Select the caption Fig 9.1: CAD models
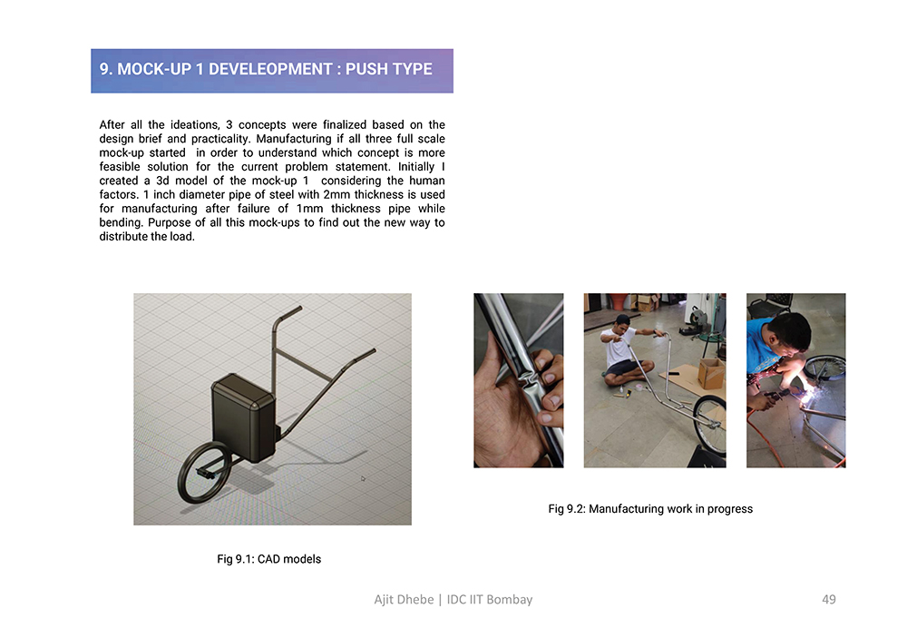coord(269,559)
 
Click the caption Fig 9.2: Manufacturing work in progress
coord(650,509)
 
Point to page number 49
coord(829,600)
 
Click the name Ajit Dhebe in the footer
coord(404,600)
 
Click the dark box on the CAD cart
coord(243,417)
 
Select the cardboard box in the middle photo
coord(711,373)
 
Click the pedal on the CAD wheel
coord(205,473)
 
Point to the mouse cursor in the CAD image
coord(363,478)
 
